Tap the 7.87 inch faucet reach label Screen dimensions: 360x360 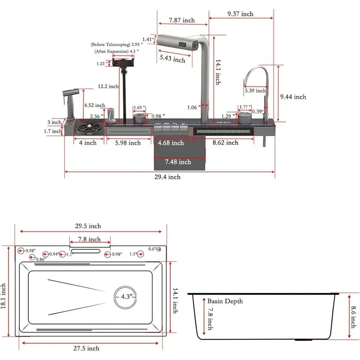[x=182, y=20]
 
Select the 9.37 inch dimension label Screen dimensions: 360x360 [x=240, y=14]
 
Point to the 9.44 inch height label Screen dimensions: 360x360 [x=292, y=97]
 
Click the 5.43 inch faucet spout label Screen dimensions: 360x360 [x=172, y=58]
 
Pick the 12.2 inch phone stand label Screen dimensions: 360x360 [x=108, y=86]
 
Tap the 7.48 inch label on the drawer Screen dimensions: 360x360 [x=178, y=162]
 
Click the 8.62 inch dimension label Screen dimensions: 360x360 [x=225, y=143]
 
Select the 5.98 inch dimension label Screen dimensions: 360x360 [x=127, y=143]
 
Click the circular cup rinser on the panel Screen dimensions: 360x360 [x=85, y=127]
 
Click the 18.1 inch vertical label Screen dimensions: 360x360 [x=4, y=296]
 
